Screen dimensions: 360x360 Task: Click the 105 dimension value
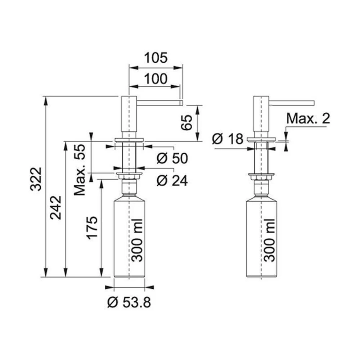tap(156, 58)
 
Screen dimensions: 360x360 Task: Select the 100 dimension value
tap(156, 79)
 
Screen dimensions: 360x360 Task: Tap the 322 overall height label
tap(36, 179)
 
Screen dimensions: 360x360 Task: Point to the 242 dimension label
tap(56, 208)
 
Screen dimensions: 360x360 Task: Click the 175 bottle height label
tap(92, 228)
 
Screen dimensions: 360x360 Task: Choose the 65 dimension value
tap(186, 123)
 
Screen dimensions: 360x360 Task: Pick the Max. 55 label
tap(80, 170)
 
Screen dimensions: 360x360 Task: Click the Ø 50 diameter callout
tap(172, 158)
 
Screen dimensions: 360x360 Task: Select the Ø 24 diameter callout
tap(172, 180)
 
